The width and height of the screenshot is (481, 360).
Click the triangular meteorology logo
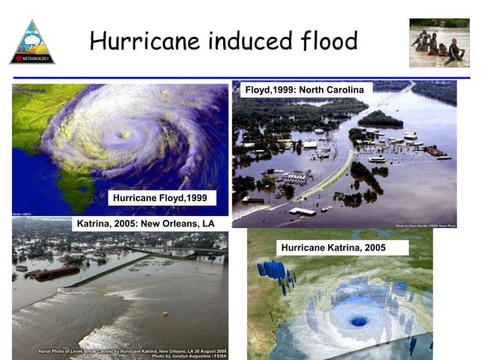point(32,43)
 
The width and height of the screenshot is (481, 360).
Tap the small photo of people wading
point(439,43)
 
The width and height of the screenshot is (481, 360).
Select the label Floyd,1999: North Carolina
point(305,90)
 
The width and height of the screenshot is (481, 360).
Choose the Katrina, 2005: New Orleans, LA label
point(146,224)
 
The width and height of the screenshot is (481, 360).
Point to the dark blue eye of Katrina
point(359,321)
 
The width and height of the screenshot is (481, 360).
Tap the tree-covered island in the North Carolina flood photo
point(380,119)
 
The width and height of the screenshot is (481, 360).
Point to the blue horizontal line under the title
point(240,76)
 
